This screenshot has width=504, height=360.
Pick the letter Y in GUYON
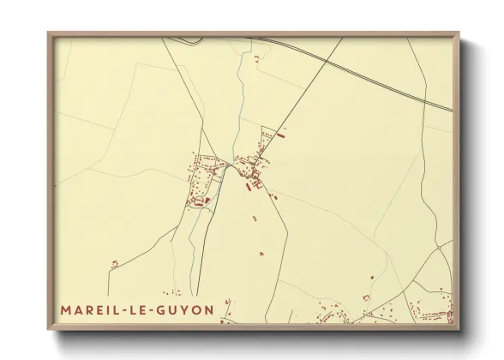click(188, 309)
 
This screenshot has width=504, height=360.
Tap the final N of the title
click(209, 309)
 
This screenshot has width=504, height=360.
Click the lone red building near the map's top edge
click(255, 57)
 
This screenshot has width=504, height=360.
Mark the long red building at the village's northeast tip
click(283, 131)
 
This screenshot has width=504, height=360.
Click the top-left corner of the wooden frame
click(48, 33)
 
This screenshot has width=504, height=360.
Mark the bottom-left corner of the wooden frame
click(48, 330)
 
